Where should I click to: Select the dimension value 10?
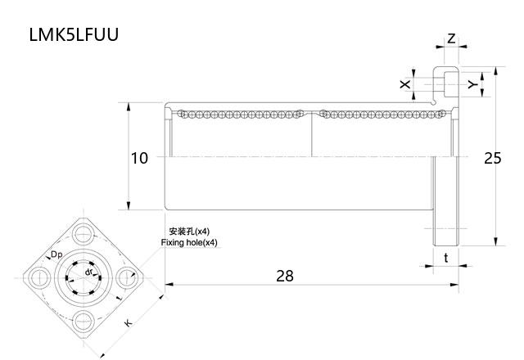click(139, 158)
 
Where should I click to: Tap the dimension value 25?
click(492, 158)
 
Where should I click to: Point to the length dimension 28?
click(284, 276)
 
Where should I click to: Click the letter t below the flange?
click(445, 257)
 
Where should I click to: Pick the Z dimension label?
click(451, 39)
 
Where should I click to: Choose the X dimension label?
click(404, 84)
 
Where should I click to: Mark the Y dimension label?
click(472, 84)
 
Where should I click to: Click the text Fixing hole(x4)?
click(190, 243)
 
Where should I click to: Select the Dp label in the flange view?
click(56, 255)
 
